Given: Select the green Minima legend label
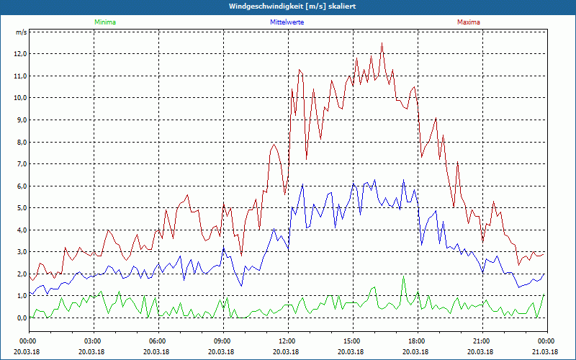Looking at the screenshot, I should [104, 22].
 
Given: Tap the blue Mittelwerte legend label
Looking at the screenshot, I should [287, 22].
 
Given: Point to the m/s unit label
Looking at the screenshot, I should [22, 32].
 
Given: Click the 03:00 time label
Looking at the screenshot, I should [92, 341].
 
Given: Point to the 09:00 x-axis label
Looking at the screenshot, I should [222, 341].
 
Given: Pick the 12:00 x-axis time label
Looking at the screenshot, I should [287, 341].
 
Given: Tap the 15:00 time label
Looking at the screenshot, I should [351, 341].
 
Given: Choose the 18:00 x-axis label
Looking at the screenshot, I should [416, 341].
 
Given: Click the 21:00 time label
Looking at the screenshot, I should [481, 341].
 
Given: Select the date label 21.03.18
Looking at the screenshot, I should [546, 351].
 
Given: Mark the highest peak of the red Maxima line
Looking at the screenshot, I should [382, 43].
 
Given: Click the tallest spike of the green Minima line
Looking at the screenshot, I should [404, 276].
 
